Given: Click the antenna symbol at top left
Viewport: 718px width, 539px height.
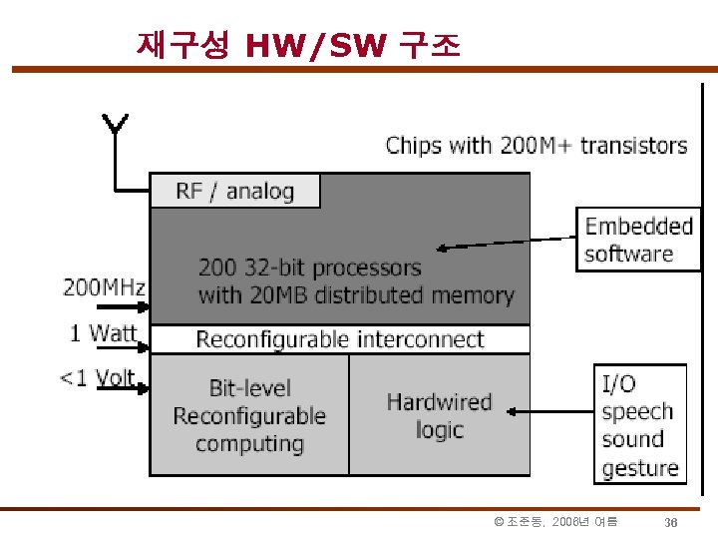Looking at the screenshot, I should (115, 124).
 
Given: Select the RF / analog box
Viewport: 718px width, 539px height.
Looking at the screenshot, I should (235, 191).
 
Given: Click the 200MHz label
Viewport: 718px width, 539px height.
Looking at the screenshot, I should (105, 288).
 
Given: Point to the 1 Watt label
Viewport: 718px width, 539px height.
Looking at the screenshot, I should (104, 333).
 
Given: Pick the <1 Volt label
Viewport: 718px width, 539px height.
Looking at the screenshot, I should (98, 378).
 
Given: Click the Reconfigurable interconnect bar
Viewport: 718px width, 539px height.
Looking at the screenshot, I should (340, 339).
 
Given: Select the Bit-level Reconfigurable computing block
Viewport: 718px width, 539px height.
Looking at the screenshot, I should (249, 415).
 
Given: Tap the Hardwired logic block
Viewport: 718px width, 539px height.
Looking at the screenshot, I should (439, 415).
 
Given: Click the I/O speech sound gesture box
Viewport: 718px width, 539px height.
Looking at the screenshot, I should (639, 424).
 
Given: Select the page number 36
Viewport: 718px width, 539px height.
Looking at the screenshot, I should (671, 523).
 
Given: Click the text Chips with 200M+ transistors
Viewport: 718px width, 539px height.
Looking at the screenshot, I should (537, 146).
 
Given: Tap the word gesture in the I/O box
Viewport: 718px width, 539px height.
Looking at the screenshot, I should (639, 467).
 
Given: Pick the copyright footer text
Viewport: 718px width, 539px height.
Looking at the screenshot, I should (556, 522).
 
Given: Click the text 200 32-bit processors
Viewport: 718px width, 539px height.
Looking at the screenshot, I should (309, 268).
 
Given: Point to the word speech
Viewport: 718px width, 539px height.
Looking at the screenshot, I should (637, 411).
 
